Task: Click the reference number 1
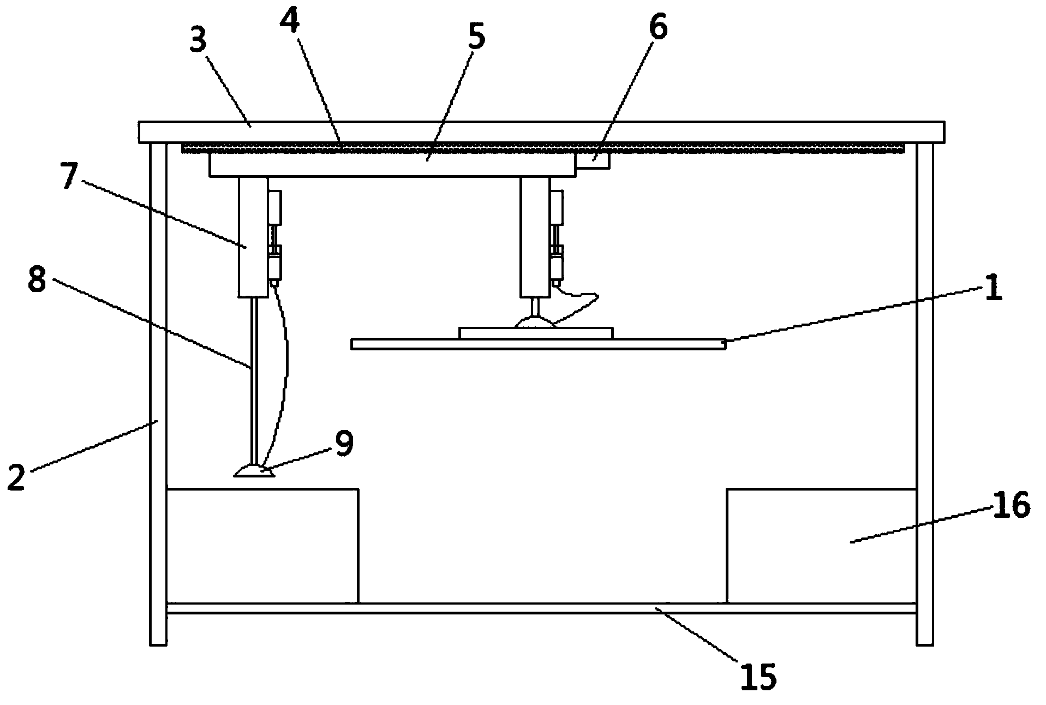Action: pos(993,289)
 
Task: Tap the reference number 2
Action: pos(16,476)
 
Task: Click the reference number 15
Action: pos(758,677)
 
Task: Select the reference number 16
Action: pos(1011,505)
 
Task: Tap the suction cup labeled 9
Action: pos(254,471)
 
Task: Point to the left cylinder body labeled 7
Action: pos(253,237)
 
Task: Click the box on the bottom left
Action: pos(262,546)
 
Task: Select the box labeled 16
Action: pos(821,546)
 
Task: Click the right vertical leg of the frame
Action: pos(924,393)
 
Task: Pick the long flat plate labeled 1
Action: pos(538,344)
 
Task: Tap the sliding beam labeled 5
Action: pos(392,165)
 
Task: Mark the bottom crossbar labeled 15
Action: pos(540,608)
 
